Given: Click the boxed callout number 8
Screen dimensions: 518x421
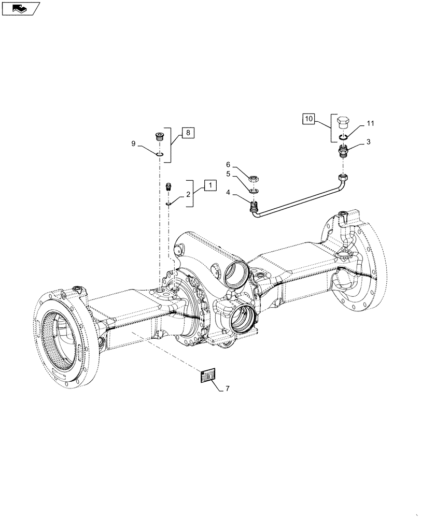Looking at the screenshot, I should (x=187, y=133).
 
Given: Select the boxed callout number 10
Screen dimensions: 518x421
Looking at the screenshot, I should (x=309, y=119).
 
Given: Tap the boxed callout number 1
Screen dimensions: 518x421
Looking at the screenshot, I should (x=209, y=184).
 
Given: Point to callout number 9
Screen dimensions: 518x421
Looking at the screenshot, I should (x=134, y=144).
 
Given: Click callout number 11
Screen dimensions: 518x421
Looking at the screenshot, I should (x=370, y=123).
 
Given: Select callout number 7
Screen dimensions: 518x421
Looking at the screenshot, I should (x=226, y=388).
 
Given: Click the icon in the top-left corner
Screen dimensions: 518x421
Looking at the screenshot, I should (x=20, y=8).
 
